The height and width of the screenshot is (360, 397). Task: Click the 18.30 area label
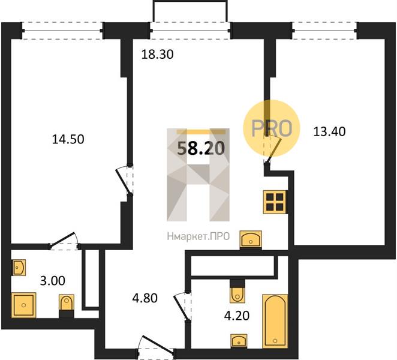[157, 55]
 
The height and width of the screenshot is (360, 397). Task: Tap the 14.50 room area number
[68, 139]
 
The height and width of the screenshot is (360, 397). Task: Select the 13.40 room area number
[329, 132]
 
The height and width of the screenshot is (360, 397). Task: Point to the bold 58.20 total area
[201, 148]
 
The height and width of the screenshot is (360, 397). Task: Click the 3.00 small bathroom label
[53, 281]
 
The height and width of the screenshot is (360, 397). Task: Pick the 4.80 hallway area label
[145, 298]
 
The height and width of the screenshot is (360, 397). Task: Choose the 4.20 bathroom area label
[237, 316]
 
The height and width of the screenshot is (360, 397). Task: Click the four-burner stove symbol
[275, 202]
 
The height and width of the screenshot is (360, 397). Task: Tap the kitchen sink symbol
[251, 239]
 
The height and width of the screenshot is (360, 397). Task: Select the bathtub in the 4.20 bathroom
[275, 321]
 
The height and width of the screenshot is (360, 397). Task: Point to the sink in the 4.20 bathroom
[239, 340]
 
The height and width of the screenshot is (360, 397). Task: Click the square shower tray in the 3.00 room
[23, 305]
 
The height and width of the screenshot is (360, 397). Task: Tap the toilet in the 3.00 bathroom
[67, 306]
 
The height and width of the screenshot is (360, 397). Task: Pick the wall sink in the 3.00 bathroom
[19, 267]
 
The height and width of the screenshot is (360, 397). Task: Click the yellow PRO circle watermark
[272, 128]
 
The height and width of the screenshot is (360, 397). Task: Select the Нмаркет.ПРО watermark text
[198, 236]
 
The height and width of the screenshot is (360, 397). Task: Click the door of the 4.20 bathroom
[183, 306]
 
